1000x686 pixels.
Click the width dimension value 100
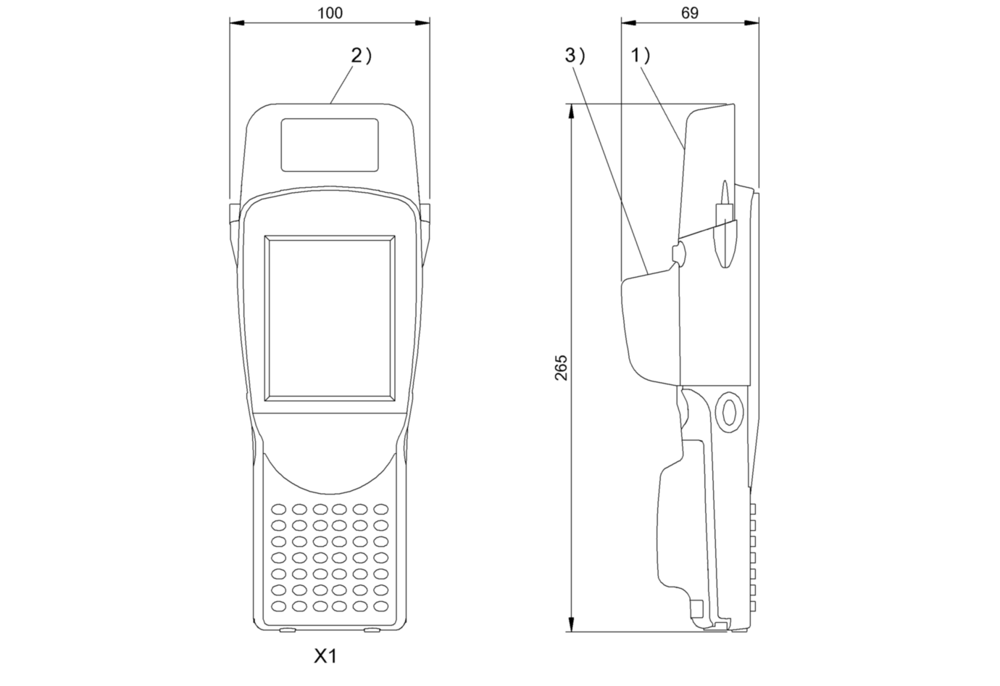pyautogui.click(x=330, y=13)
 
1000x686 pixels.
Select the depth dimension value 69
pyautogui.click(x=690, y=13)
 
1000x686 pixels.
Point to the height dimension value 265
pyautogui.click(x=561, y=368)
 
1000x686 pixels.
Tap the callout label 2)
pyautogui.click(x=361, y=56)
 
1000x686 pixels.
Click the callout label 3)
pyautogui.click(x=575, y=56)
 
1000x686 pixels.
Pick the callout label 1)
pyautogui.click(x=641, y=56)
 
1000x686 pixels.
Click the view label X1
pyautogui.click(x=325, y=656)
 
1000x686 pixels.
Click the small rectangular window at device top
pyautogui.click(x=330, y=145)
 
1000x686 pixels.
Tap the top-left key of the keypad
pyautogui.click(x=278, y=509)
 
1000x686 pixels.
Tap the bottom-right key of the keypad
pyautogui.click(x=381, y=606)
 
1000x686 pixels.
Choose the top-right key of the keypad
pyautogui.click(x=381, y=509)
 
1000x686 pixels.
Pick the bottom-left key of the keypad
pyautogui.click(x=278, y=606)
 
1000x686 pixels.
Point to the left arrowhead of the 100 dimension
pyautogui.click(x=237, y=22)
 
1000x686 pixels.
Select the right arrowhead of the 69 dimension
pyautogui.click(x=751, y=22)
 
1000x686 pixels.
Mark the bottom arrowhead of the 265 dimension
pyautogui.click(x=571, y=624)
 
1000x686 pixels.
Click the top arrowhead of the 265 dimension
pyautogui.click(x=571, y=112)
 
